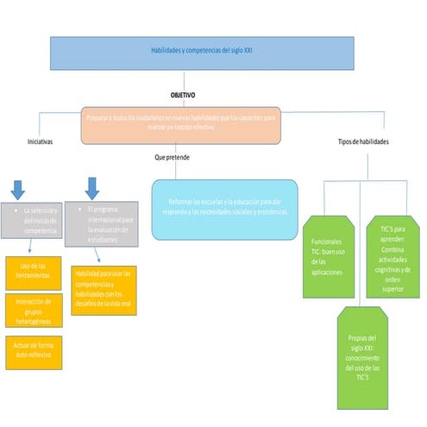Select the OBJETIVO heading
pyautogui.click(x=182, y=95)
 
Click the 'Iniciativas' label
pyautogui.click(x=40, y=141)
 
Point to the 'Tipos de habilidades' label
pyautogui.click(x=361, y=141)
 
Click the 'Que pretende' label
pyautogui.click(x=173, y=158)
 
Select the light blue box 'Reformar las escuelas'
pyautogui.click(x=224, y=208)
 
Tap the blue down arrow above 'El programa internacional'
pyautogui.click(x=92, y=187)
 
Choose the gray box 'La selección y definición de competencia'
pyautogui.click(x=35, y=223)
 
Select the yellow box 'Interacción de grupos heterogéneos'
pyautogui.click(x=33, y=311)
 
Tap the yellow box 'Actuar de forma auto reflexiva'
pyautogui.click(x=33, y=349)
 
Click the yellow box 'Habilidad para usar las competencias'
pyautogui.click(x=103, y=290)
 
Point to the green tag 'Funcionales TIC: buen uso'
pyautogui.click(x=327, y=256)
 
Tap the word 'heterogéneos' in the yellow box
pyautogui.click(x=34, y=321)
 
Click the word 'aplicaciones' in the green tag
pyautogui.click(x=328, y=272)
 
